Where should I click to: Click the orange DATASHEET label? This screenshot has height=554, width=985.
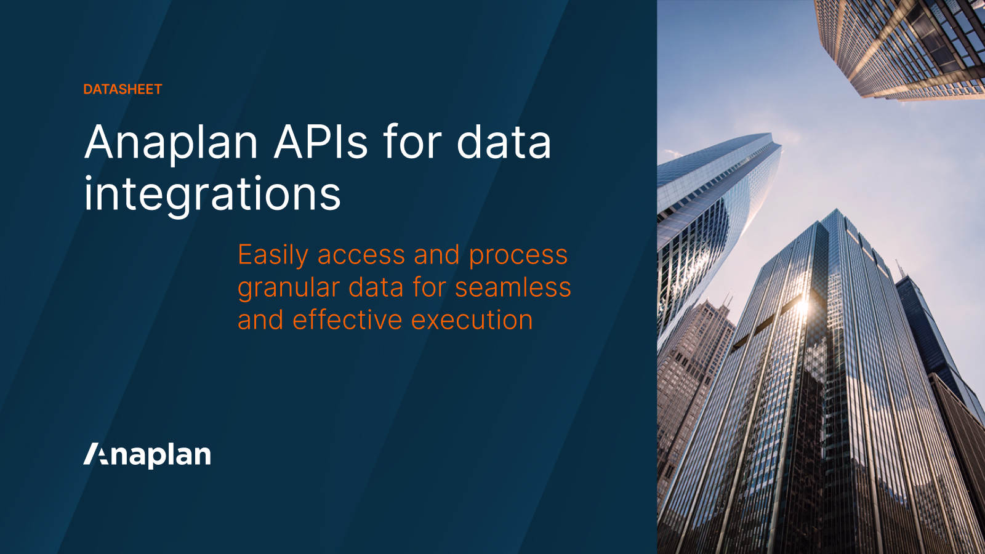[x=123, y=89]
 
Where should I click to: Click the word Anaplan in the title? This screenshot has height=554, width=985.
[x=171, y=143]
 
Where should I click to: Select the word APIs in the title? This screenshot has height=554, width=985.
[x=321, y=143]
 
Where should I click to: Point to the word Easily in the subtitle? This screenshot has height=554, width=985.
[x=273, y=255]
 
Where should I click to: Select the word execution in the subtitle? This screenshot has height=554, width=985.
[x=472, y=320]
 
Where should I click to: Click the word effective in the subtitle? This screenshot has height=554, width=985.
[x=347, y=320]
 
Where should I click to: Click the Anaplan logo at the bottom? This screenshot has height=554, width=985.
[x=147, y=455]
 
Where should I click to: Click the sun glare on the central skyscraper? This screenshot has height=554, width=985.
[x=802, y=306]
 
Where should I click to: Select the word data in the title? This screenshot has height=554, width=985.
[x=504, y=143]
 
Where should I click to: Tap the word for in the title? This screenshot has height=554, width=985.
[x=412, y=143]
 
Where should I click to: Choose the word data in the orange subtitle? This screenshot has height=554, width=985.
[x=375, y=288]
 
